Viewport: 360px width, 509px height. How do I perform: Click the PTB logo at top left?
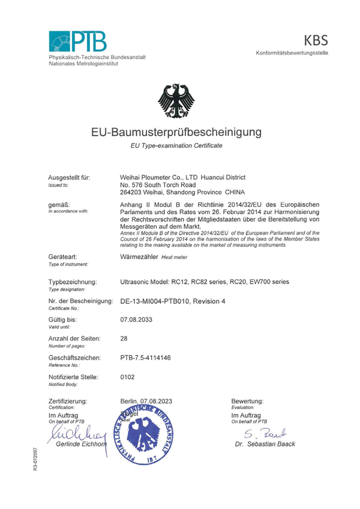point(78,41)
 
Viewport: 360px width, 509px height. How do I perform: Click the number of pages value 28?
point(124,339)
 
